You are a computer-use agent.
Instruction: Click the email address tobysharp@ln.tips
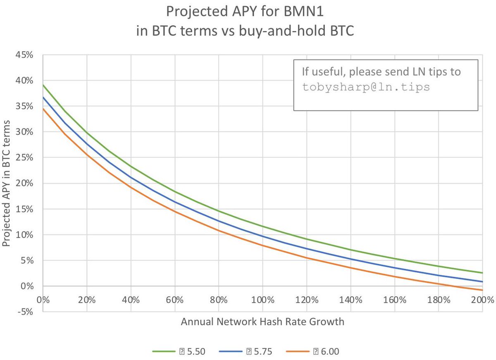pyautogui.click(x=366, y=88)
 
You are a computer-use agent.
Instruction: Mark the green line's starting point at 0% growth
pyautogui.click(x=43, y=85)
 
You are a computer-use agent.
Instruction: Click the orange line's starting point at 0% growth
pyautogui.click(x=43, y=109)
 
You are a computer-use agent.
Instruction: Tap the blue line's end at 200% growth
pyautogui.click(x=482, y=282)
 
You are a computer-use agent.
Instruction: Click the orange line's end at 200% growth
pyautogui.click(x=482, y=290)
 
